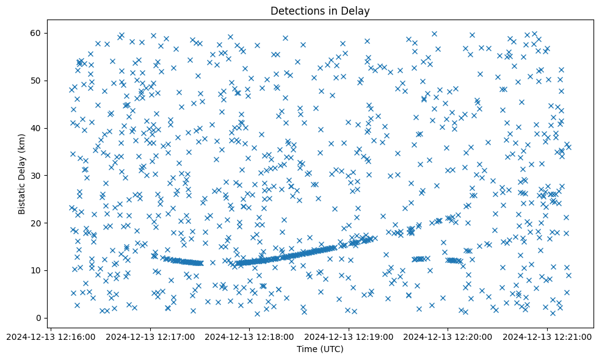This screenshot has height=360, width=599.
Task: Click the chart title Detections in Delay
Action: (320, 10)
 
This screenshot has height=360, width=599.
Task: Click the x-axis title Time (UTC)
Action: (320, 349)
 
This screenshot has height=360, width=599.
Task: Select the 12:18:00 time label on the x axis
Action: (249, 336)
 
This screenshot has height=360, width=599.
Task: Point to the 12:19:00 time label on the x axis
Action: (349, 336)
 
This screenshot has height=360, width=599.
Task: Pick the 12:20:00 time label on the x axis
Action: (448, 336)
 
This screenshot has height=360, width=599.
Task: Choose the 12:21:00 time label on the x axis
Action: (547, 336)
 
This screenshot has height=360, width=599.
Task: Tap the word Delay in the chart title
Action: (357, 10)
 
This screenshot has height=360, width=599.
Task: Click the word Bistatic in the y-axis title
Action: (21, 196)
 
